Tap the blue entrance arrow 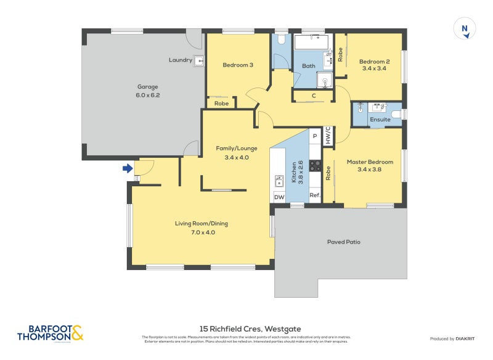point(128,168)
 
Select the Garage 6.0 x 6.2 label point(144,91)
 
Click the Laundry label point(181,60)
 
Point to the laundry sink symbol point(199,60)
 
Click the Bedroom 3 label point(238,65)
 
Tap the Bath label point(308,66)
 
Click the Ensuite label point(380,120)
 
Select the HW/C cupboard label point(328,136)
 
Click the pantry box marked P point(314,136)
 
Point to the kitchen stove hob point(315,165)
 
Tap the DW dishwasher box point(279,197)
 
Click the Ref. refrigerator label point(314,196)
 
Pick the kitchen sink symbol point(279,181)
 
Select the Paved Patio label point(343,242)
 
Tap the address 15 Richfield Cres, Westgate point(250,329)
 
